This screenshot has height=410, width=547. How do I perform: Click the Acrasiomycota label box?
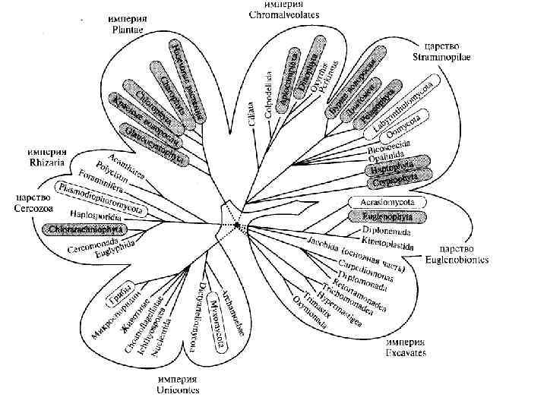point(381,203)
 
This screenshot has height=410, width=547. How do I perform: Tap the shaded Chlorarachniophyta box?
point(86,229)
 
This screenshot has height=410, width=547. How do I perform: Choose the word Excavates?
point(405,352)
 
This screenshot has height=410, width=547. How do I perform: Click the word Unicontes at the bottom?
point(179,390)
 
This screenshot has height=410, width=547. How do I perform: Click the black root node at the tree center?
point(238,225)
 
